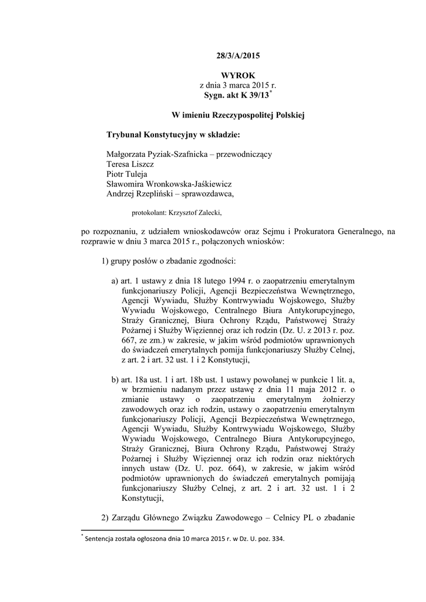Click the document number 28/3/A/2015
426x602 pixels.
pyautogui.click(x=237, y=56)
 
